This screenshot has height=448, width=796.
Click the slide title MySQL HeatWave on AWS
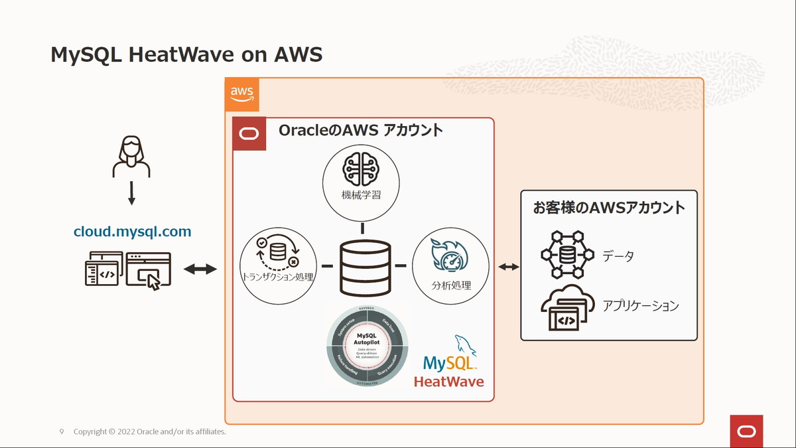186,54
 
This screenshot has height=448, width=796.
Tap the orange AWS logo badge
242,94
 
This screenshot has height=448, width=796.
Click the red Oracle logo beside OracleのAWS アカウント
249,134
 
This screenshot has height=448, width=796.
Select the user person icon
131,157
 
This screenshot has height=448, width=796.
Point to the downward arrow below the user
131,193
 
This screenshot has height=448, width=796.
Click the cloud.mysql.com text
132,232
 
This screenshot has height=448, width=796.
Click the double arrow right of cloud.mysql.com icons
200,269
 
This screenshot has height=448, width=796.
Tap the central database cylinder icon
364,269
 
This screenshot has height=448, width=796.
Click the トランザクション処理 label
277,277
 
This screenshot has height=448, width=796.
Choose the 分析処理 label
450,285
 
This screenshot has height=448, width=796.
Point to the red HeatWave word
448,382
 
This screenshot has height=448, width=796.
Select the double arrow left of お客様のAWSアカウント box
509,267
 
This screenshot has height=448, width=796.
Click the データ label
618,256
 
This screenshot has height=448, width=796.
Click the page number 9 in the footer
62,432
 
